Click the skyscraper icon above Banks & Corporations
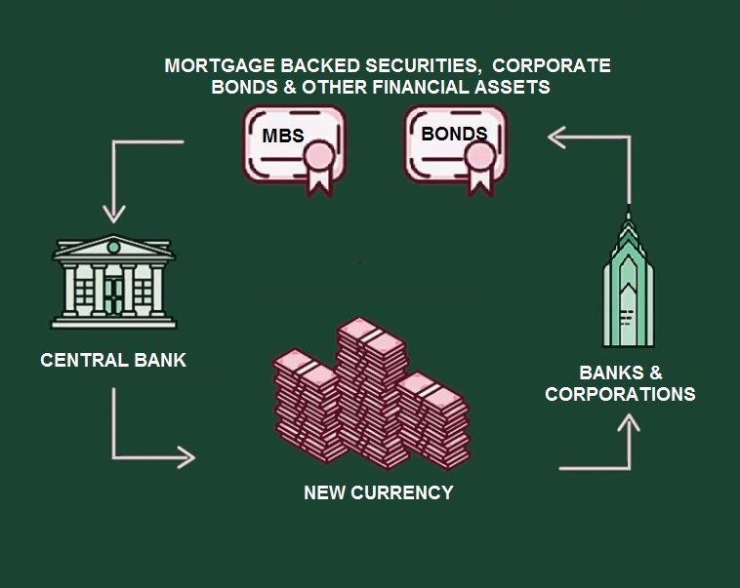click(x=628, y=283)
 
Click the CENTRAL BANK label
click(x=113, y=361)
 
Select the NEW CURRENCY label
click(x=379, y=492)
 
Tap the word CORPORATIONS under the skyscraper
click(x=620, y=394)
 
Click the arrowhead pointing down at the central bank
click(x=115, y=212)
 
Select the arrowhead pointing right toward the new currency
click(x=187, y=455)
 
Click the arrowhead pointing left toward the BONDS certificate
click(x=556, y=137)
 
